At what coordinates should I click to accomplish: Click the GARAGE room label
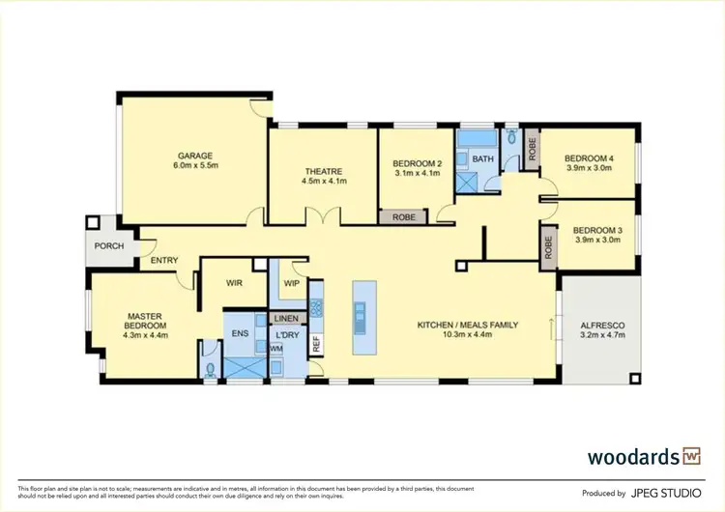[194, 156]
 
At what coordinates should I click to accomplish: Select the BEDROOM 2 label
[418, 163]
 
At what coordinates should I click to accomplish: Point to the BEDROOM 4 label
[589, 158]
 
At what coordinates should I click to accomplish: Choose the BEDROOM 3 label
[595, 230]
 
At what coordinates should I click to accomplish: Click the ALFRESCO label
[601, 326]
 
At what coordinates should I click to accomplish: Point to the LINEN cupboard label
[287, 318]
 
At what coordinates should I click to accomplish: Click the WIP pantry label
[290, 284]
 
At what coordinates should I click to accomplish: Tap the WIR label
[232, 284]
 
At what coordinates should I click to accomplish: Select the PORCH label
[108, 245]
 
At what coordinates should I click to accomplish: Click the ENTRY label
[163, 261]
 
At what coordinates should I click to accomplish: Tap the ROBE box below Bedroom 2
[404, 217]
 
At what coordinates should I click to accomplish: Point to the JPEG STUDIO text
[666, 493]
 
